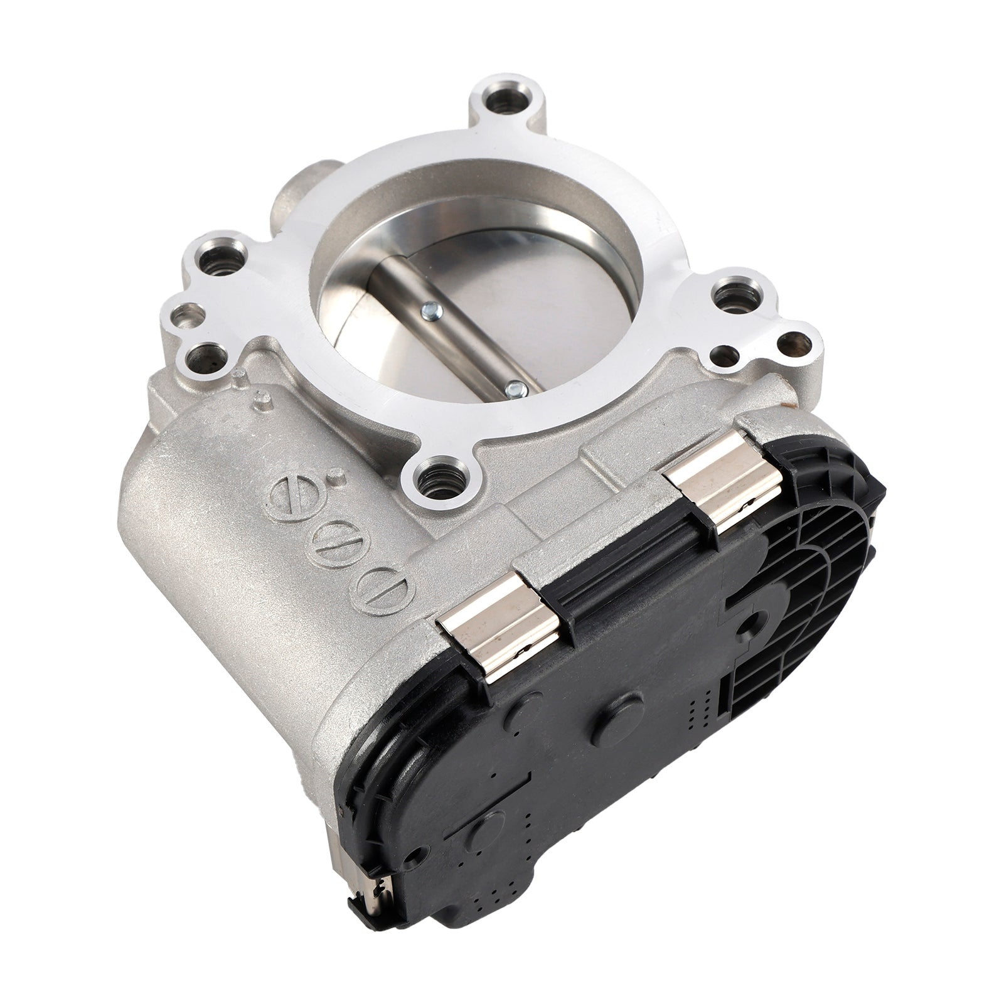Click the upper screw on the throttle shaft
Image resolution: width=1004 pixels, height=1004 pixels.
point(429,308)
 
